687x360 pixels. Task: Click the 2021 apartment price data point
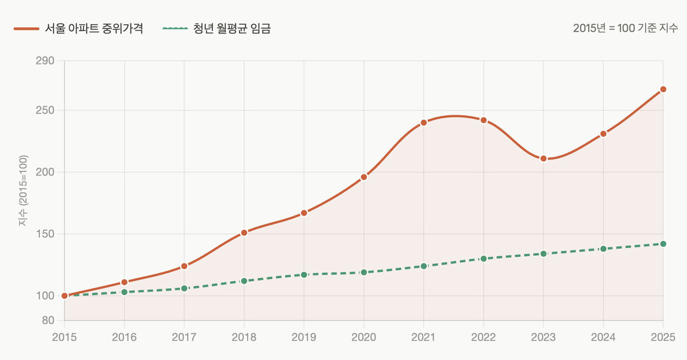(424, 123)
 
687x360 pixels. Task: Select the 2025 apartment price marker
(663, 89)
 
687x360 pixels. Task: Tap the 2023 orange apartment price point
(543, 158)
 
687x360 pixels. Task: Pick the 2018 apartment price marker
(244, 233)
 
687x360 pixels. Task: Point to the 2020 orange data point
(364, 177)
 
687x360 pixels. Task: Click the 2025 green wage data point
(663, 244)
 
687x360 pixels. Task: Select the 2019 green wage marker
(304, 275)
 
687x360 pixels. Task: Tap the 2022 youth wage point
(483, 259)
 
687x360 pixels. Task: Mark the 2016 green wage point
(124, 292)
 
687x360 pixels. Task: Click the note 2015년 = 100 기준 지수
(625, 29)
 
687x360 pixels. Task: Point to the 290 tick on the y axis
(46, 61)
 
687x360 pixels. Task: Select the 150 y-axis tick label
(46, 234)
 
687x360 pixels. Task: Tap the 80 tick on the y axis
(49, 320)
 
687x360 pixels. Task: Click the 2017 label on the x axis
(184, 337)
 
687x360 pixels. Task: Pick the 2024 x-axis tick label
(603, 337)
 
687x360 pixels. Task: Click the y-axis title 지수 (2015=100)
(24, 191)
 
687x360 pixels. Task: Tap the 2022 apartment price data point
(483, 120)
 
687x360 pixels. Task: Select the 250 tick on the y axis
(46, 111)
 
